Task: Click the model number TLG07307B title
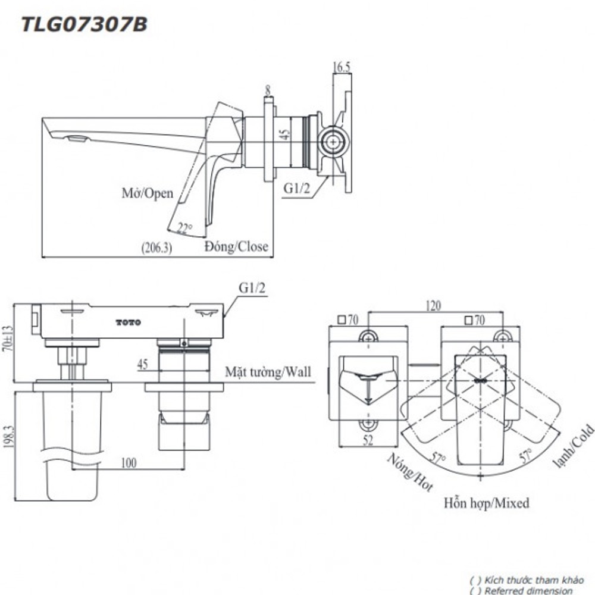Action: pyautogui.click(x=84, y=24)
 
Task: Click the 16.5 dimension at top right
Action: pyautogui.click(x=341, y=67)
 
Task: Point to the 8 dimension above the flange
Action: pyautogui.click(x=268, y=90)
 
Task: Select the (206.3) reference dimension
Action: pyautogui.click(x=156, y=248)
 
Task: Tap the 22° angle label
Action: pyautogui.click(x=184, y=228)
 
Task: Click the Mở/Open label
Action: pyautogui.click(x=148, y=193)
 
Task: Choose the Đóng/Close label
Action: pyautogui.click(x=236, y=247)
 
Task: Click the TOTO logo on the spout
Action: pyautogui.click(x=129, y=322)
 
